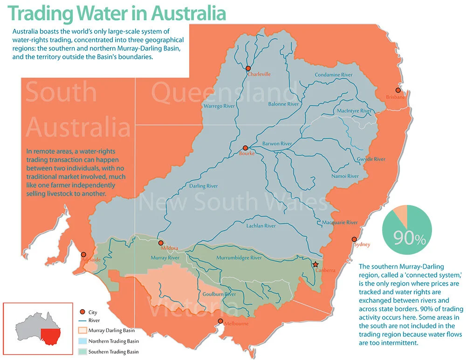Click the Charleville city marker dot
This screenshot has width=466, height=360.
point(248,68)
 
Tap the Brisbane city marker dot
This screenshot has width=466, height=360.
point(397,90)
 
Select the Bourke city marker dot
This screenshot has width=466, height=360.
point(245,148)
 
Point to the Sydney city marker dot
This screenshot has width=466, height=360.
point(353,240)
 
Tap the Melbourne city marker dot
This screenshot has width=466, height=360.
point(220,321)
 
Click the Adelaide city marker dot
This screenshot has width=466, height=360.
point(83,255)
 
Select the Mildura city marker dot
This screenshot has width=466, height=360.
point(161,243)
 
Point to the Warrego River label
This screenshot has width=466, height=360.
point(219,106)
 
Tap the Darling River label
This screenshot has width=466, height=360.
point(203,186)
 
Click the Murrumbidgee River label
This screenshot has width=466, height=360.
point(239,258)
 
